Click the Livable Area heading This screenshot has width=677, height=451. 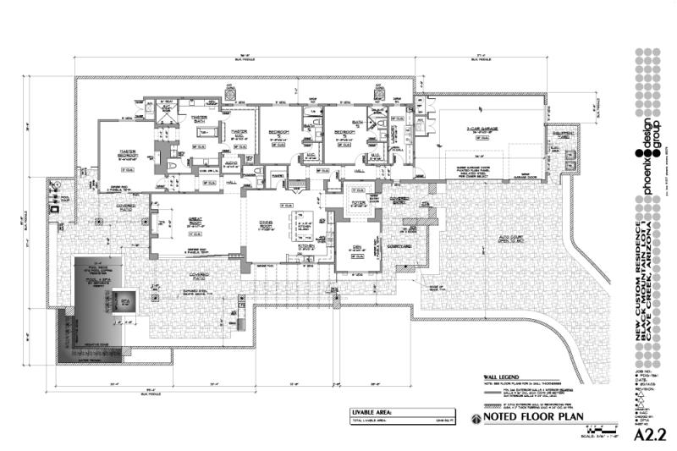click(372, 413)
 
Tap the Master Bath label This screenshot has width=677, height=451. click(200, 119)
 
